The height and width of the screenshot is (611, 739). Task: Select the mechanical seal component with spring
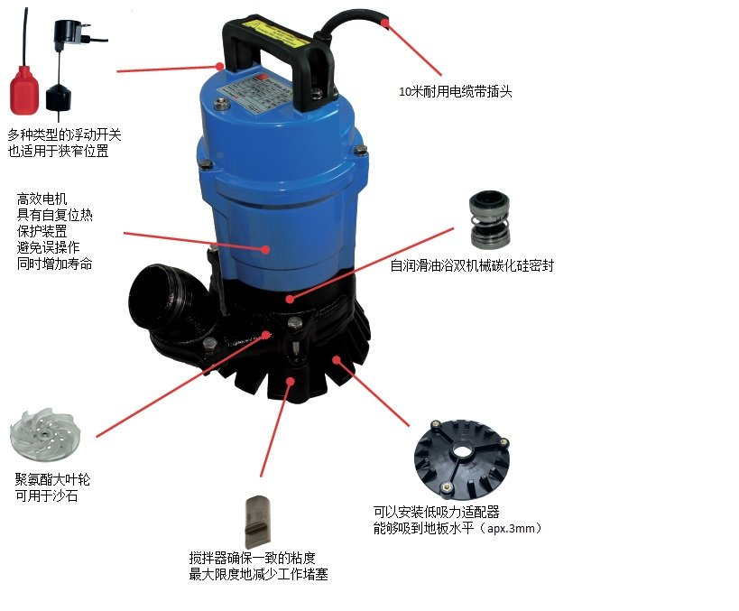click(490, 219)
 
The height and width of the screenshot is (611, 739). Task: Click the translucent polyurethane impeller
click(45, 434)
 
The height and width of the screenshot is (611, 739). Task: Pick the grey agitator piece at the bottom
click(258, 522)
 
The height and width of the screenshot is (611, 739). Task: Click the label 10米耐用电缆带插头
click(456, 91)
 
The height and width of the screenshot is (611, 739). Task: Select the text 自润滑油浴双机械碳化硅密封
click(472, 265)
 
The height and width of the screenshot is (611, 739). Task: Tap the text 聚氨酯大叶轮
click(52, 479)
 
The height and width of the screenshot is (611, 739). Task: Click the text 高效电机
click(42, 199)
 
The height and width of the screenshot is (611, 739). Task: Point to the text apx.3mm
click(511, 529)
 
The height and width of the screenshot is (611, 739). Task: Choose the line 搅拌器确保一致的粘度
click(252, 558)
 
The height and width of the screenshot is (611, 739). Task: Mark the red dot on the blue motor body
click(266, 249)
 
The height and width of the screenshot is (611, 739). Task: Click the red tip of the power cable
click(385, 23)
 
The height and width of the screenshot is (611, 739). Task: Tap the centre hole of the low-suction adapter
click(463, 451)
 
